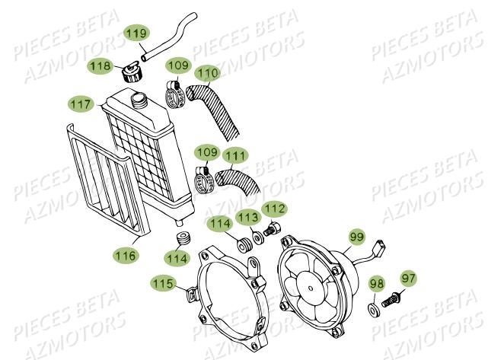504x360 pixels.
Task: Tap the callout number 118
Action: [x=100, y=65]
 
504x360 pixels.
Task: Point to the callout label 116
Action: [x=126, y=256]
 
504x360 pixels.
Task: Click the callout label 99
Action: [x=356, y=237]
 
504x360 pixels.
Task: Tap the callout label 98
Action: [x=376, y=284]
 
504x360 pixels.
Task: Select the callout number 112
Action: [x=274, y=208]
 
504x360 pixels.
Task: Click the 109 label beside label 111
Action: [x=204, y=153]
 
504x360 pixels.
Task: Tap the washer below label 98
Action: [x=376, y=310]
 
